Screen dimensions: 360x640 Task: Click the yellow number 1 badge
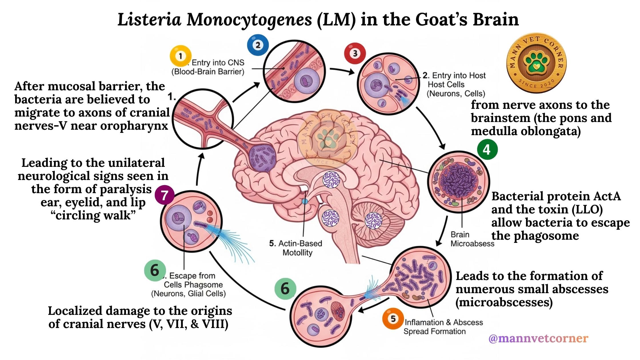click(180, 56)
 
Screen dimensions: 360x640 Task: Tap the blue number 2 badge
click(258, 45)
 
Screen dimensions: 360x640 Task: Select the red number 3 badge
click(355, 53)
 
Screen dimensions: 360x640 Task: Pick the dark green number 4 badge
click(487, 149)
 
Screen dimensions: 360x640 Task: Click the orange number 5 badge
click(393, 319)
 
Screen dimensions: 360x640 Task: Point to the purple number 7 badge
click(165, 196)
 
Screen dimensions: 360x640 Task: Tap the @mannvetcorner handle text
click(538, 338)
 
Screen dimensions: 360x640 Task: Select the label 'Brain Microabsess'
click(472, 239)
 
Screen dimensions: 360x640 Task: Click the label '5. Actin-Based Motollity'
click(296, 248)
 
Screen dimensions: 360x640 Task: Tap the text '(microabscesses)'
click(504, 302)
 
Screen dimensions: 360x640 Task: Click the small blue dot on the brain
click(305, 201)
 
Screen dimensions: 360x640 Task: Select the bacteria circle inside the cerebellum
click(373, 221)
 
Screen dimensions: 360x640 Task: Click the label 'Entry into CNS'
click(218, 63)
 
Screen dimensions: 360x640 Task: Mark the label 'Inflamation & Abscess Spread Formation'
click(443, 327)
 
